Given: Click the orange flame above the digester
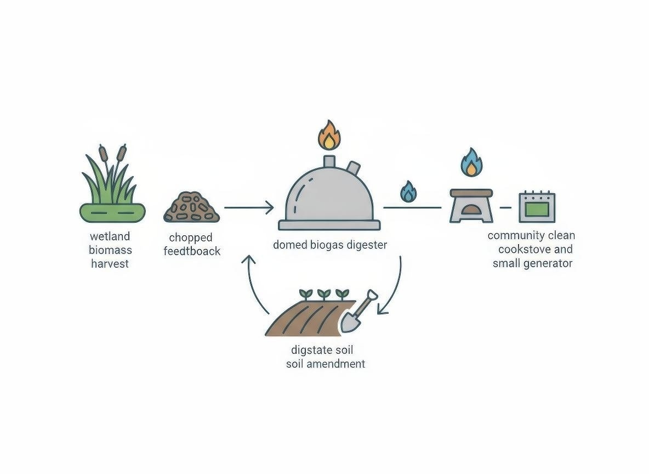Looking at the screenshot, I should (329, 136).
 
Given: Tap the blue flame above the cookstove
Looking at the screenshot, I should (470, 162).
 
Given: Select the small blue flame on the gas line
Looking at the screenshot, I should (408, 192).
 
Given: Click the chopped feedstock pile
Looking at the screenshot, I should (192, 207).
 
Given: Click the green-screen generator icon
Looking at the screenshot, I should (537, 207).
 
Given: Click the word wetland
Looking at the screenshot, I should (110, 236).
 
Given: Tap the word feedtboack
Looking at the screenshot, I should (192, 251).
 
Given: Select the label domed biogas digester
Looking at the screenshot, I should (330, 245).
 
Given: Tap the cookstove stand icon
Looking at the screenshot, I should (471, 206).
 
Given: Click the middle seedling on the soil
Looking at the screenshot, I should (323, 294).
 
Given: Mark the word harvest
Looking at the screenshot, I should (110, 264).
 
